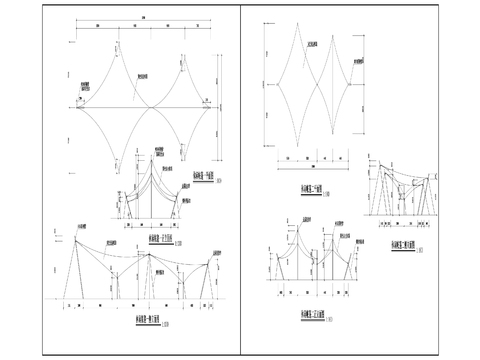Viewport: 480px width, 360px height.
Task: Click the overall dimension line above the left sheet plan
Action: (142, 24)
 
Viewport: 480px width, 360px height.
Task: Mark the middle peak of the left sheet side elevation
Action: (148, 254)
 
